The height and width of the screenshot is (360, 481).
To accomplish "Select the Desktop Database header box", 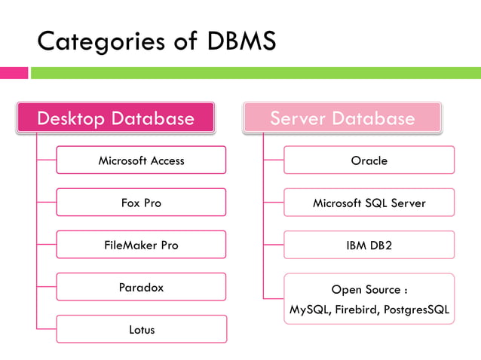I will point(115,118).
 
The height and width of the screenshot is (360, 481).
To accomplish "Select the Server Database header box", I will point(342,118).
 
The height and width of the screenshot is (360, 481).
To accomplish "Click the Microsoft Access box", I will point(141,160).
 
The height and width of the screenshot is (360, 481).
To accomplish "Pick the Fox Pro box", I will point(141,203).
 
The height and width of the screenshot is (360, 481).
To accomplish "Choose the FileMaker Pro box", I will point(141,245).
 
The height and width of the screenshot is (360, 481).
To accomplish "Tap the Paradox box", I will point(141,287).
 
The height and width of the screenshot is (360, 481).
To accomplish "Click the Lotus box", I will point(141,329).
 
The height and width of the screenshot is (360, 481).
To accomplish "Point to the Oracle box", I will point(369,160).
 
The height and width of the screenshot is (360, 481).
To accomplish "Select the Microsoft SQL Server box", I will point(369,203).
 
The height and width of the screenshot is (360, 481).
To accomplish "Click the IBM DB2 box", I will point(369,245).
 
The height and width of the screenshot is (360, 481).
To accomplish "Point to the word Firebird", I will point(355,310).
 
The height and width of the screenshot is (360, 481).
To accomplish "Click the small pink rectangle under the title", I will point(14,73).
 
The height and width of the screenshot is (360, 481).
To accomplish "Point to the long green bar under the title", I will point(255,73).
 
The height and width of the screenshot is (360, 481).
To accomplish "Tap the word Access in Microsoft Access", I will point(167,160).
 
